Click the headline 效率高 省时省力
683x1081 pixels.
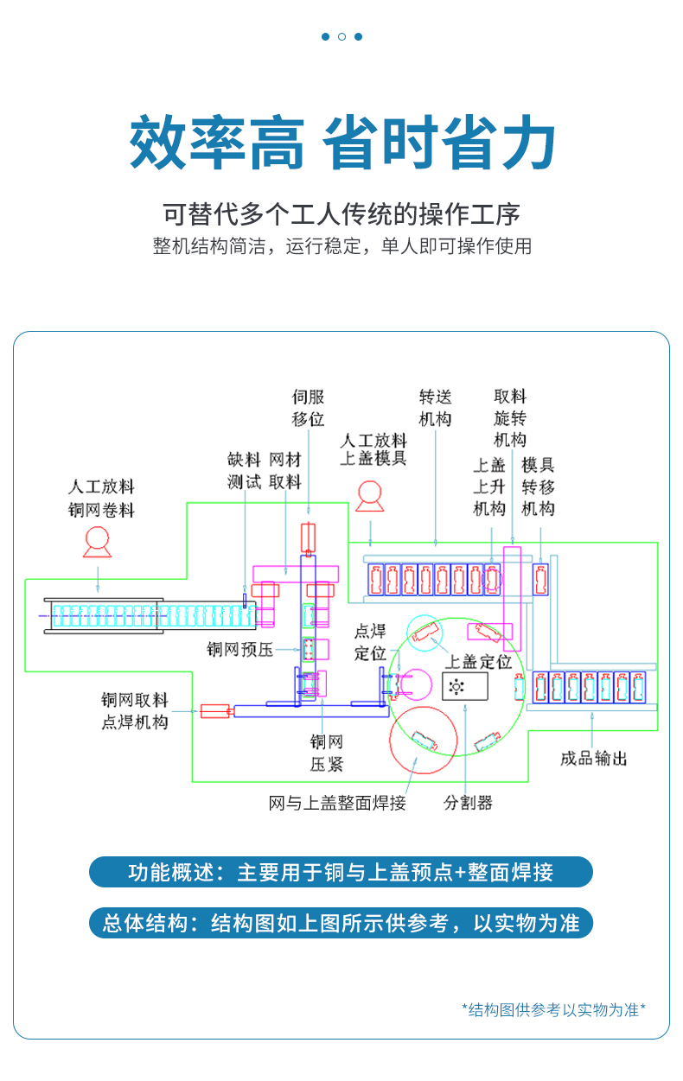tap(341, 143)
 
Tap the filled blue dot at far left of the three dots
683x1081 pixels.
tap(325, 36)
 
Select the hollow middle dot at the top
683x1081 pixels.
tap(341, 36)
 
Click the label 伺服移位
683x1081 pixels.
tap(308, 408)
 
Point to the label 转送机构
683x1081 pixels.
tap(435, 408)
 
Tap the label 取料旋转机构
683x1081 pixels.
tap(510, 418)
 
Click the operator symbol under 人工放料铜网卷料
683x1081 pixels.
tap(98, 542)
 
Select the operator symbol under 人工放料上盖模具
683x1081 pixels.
tap(370, 495)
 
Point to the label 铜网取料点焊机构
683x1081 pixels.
tap(134, 711)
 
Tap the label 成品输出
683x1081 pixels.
tap(593, 759)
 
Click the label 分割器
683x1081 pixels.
tap(468, 803)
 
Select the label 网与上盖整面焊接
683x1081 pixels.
tap(337, 803)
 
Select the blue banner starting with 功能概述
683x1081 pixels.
tap(341, 872)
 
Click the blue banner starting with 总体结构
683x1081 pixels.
tap(341, 923)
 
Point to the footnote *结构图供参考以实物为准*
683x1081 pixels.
tap(553, 1008)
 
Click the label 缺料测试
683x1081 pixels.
tap(244, 471)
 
